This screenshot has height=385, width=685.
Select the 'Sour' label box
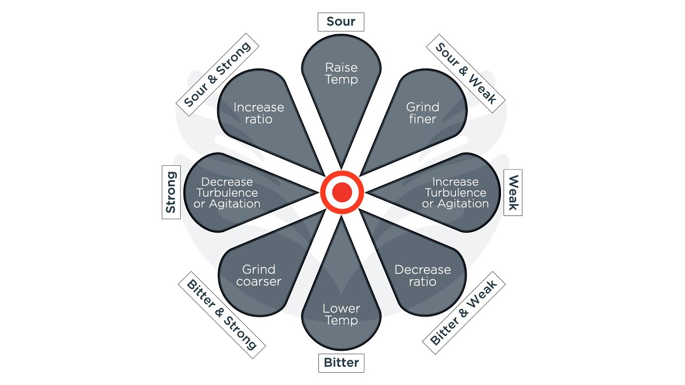[341, 22]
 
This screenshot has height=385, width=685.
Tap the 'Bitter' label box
[341, 363]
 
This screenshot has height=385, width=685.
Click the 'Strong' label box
[171, 192]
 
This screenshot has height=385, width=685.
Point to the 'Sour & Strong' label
[217, 74]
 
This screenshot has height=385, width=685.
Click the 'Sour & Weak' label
[466, 74]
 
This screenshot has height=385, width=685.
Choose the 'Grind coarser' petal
[258, 275]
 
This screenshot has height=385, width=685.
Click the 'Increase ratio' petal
[258, 112]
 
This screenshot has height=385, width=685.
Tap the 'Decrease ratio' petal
[423, 275]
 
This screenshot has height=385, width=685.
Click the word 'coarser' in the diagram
[258, 282]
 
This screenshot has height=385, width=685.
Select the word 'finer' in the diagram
[423, 119]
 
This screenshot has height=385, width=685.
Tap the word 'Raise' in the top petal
[341, 68]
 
